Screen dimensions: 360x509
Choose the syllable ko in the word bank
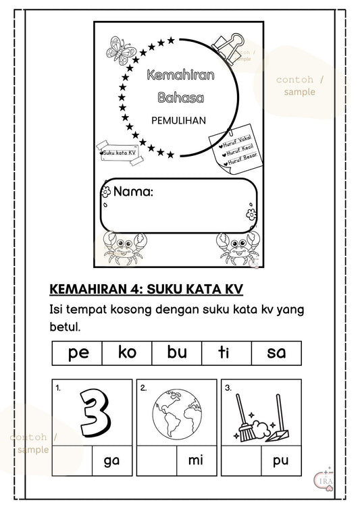point(126,352)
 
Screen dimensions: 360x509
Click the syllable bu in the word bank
point(176,352)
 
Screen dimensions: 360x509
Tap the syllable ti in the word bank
point(226,352)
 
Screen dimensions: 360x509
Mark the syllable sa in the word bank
point(276,352)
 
